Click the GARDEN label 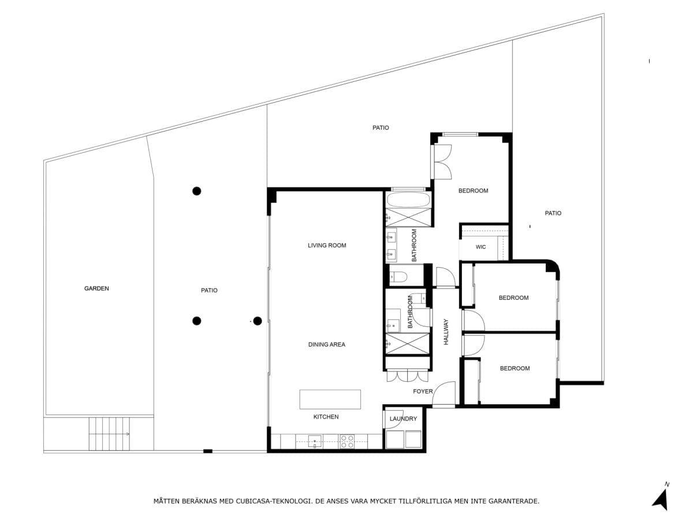click(96, 288)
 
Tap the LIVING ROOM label click(327, 245)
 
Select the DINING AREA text click(327, 344)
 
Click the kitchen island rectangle click(330, 399)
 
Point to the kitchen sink click(315, 442)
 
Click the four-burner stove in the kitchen click(346, 442)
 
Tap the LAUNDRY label click(403, 419)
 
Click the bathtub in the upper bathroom click(408, 200)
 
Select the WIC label click(480, 247)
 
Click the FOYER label click(423, 392)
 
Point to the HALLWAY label click(446, 332)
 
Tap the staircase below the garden click(109, 434)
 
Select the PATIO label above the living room click(381, 127)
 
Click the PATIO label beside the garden click(209, 290)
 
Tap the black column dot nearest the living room click(258, 321)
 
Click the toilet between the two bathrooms click(398, 277)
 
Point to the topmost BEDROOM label click(473, 191)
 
